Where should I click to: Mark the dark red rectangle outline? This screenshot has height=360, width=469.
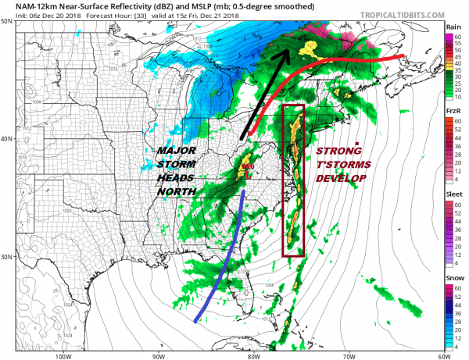point(282,180)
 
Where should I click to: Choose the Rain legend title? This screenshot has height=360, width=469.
point(453,27)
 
